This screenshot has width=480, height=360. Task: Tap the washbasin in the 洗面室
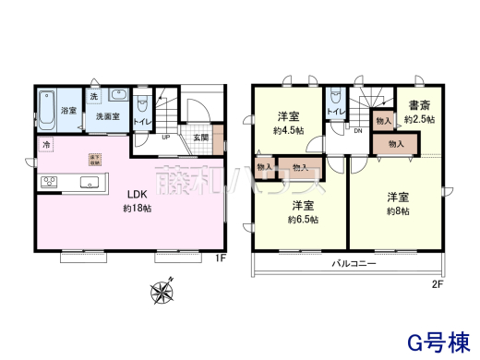coord(116,94)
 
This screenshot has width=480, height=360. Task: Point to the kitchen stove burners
coord(48,183)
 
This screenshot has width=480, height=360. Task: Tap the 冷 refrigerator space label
coord(45,146)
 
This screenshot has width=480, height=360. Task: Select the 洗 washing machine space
coord(94,96)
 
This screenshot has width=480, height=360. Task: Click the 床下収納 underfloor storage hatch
coord(95,159)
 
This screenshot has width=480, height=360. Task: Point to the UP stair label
coord(165,138)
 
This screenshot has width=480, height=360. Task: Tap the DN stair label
coord(357,130)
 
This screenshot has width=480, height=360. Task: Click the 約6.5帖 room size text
coord(303,219)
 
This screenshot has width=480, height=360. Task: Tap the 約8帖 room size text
coord(398,210)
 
